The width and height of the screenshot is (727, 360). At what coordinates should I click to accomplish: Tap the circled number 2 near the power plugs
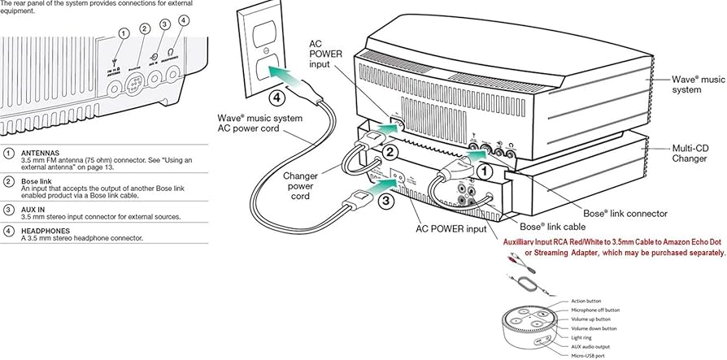pyautogui.click(x=390, y=152)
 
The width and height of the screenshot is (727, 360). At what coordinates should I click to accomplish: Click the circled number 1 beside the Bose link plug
pyautogui.click(x=485, y=171)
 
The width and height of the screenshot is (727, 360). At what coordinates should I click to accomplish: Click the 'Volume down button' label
pyautogui.click(x=594, y=327)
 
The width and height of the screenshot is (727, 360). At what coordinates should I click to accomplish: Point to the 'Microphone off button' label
pyautogui.click(x=595, y=310)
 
